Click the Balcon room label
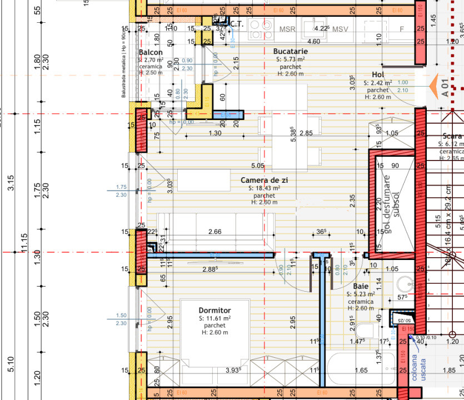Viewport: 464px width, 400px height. pos(151,52)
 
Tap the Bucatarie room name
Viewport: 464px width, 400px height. pos(290,51)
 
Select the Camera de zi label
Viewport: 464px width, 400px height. pos(265,181)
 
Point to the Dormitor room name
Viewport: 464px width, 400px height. pos(214,310)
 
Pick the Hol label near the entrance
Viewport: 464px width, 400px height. pos(378,75)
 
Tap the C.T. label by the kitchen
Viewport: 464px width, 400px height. pos(236,24)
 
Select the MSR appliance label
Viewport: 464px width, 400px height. pos(287,29)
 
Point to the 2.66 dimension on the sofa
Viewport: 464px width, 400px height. pos(214,231)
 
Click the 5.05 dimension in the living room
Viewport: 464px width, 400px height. pos(257,165)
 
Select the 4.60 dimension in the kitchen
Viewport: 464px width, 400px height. pos(313,41)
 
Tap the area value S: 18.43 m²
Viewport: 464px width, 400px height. pos(265,188)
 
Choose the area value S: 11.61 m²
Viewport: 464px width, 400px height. pos(214,318)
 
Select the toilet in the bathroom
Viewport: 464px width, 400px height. pos(364,331)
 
